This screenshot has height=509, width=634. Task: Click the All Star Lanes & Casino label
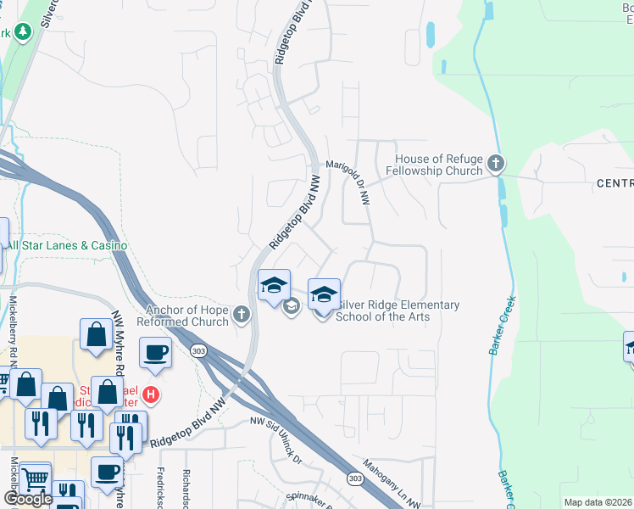point(66,246)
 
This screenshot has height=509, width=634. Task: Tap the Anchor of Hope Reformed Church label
point(187,316)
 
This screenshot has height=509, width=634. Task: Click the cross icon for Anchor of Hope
point(242,316)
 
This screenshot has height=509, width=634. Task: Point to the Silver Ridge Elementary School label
point(398,310)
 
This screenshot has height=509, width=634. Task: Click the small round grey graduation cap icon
point(291,306)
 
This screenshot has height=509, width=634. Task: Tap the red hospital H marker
point(151,394)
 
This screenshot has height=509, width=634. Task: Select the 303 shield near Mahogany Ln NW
point(355,480)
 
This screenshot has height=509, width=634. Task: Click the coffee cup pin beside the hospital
point(155,352)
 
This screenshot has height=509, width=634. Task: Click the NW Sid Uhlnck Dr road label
point(275,435)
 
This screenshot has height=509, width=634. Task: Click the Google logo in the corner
point(28,499)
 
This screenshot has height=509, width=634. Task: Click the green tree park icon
point(23,32)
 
